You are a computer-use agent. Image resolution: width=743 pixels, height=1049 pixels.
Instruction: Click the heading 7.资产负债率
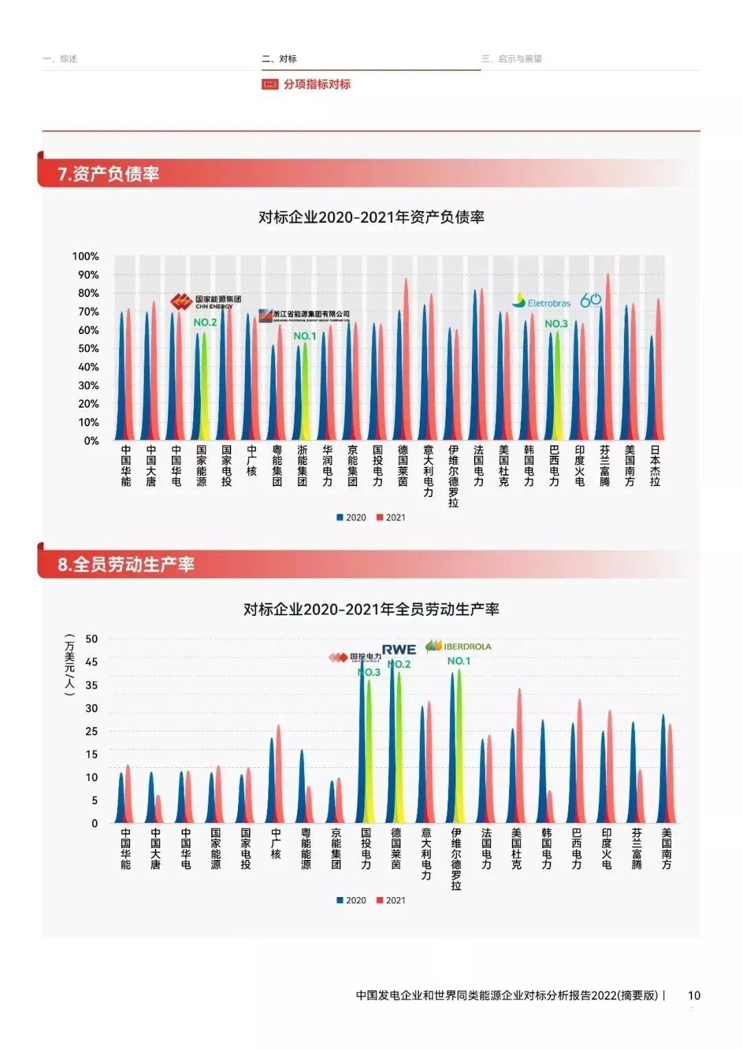(109, 174)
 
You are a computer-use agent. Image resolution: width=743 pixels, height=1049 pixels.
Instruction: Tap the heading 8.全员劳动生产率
(126, 565)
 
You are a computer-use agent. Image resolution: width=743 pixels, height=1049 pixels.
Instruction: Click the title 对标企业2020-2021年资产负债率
(371, 217)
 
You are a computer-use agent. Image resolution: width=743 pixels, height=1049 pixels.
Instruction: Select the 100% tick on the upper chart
(86, 256)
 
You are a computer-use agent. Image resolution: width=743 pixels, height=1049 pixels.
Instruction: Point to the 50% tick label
(88, 349)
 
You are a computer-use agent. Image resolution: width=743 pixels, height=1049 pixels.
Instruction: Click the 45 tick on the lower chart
(91, 662)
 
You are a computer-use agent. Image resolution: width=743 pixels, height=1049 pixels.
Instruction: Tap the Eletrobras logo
(541, 302)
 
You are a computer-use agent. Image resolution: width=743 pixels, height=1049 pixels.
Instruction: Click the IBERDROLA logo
(459, 646)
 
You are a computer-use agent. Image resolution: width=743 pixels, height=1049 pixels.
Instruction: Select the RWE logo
(399, 650)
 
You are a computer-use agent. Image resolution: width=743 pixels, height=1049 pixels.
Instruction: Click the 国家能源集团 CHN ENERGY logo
(206, 302)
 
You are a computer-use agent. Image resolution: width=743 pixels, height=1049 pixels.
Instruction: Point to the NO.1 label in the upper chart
(305, 336)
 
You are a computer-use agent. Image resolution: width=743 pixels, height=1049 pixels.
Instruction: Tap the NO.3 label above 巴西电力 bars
(556, 324)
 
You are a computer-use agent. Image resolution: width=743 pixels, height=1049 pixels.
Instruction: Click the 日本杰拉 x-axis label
(655, 465)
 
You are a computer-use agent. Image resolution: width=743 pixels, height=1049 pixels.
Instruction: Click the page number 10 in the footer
(694, 995)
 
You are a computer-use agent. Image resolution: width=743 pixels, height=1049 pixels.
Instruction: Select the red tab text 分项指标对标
(316, 85)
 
